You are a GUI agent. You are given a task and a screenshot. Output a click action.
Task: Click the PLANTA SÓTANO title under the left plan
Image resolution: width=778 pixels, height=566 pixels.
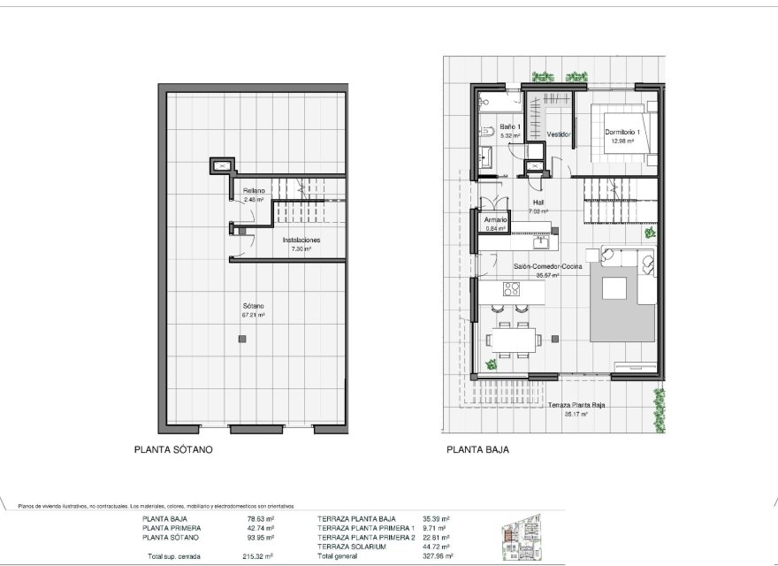173,449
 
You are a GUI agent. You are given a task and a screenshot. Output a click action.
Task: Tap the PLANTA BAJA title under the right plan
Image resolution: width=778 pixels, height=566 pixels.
477,449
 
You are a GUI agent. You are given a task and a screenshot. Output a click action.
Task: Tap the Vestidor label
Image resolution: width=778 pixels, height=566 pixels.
558,134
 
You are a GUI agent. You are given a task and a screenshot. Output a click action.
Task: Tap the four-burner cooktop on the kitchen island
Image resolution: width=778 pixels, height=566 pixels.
510,289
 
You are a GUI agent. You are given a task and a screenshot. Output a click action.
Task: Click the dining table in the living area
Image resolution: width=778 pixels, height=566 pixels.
514,337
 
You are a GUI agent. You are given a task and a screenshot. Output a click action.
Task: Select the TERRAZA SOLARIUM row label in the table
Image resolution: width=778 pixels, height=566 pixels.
351,547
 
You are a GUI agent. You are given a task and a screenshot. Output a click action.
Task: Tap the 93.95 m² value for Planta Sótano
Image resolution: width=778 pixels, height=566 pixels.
260,538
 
